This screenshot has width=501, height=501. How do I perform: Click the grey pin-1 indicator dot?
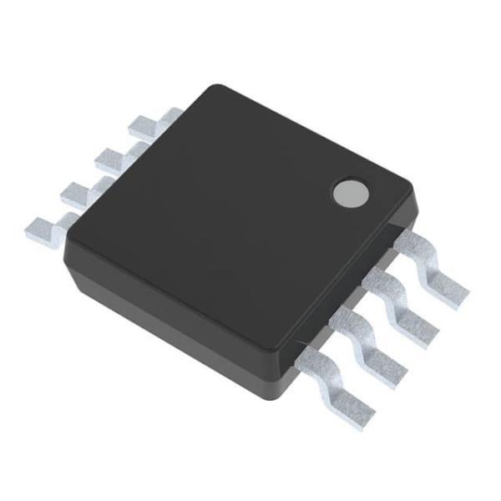click(x=350, y=193)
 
